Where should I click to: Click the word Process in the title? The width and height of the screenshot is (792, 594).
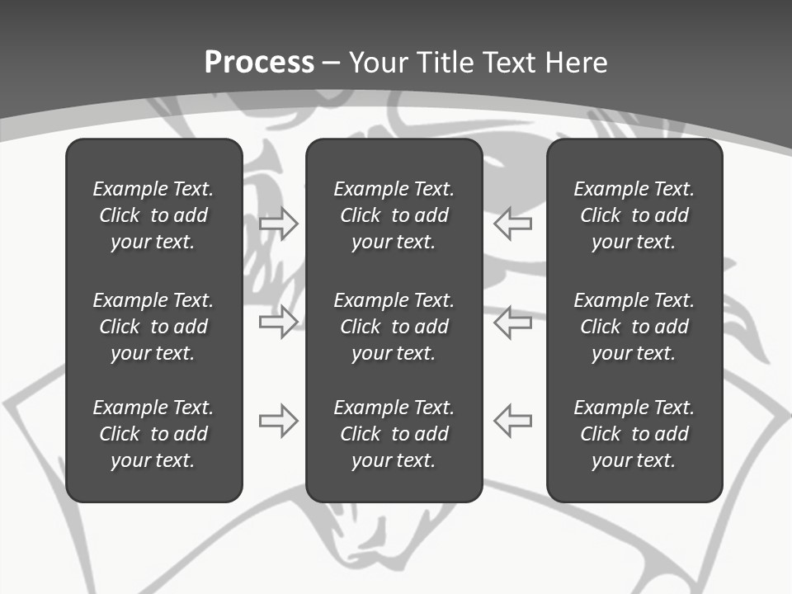259,63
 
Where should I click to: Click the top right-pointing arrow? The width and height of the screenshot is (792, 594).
279,224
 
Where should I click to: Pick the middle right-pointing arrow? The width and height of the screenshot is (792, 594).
279,322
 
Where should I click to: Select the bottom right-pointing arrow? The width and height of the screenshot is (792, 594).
279,421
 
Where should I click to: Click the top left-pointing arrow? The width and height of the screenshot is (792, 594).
512,224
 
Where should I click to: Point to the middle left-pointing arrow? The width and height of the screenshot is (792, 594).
512,322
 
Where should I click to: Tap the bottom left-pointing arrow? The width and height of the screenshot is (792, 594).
512,421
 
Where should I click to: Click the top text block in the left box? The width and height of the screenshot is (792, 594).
153,215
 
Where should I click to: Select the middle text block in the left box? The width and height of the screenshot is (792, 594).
153,327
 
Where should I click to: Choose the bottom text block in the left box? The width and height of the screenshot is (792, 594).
153,434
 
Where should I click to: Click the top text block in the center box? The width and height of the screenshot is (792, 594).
394,215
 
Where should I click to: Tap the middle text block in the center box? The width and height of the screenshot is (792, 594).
394,327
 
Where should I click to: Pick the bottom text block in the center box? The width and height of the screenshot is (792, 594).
394,434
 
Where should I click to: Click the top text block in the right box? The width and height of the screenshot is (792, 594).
634,215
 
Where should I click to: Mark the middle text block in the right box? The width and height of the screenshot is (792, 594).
634,327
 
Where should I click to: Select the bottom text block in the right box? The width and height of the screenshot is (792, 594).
634,434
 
